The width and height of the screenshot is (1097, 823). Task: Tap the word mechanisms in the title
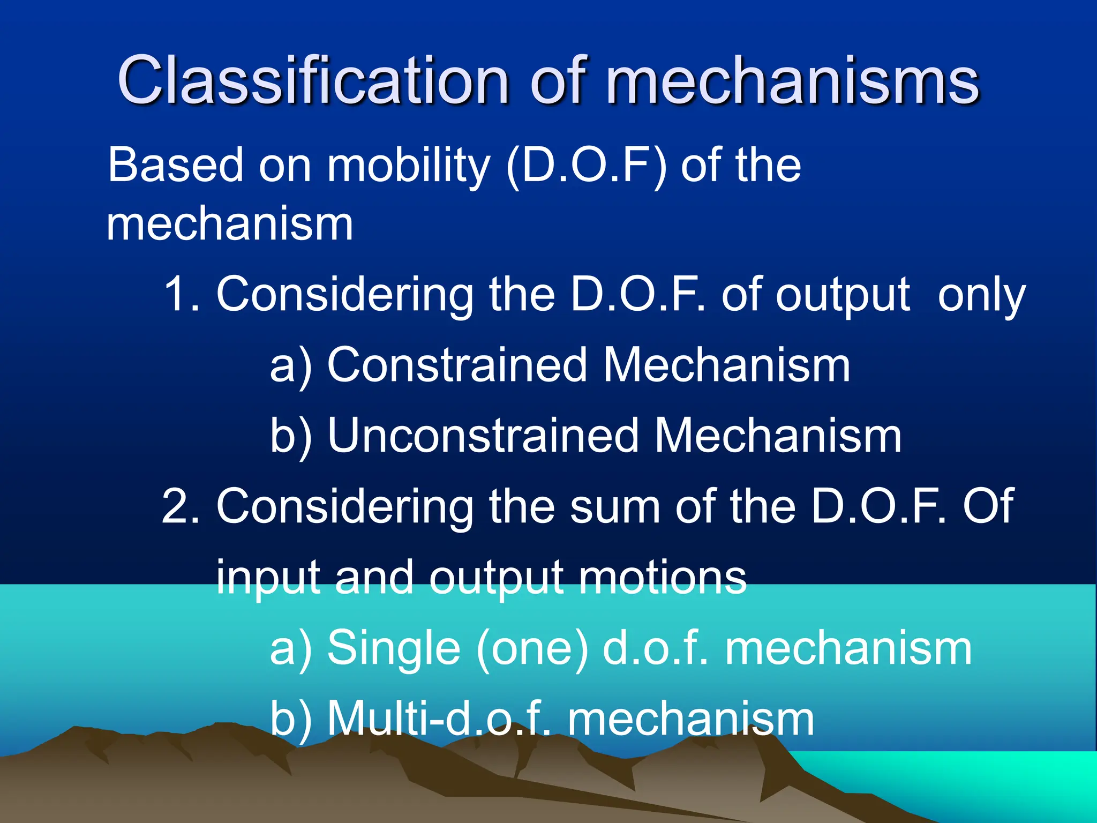coord(793,81)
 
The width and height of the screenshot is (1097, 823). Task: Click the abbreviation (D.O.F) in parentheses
coord(587,166)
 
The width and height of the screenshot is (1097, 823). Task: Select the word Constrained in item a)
coord(457,365)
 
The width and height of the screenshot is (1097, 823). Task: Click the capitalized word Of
coord(988,506)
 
